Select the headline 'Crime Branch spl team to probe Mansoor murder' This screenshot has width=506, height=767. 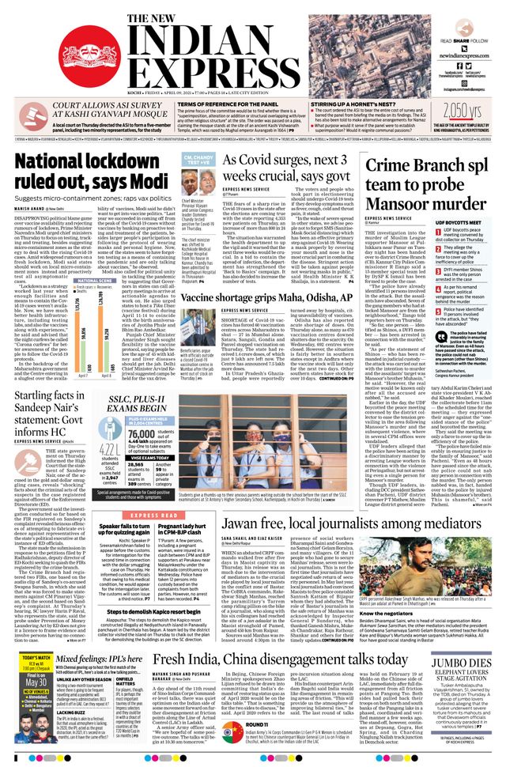click(427, 179)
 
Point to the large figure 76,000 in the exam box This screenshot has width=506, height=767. click(142, 433)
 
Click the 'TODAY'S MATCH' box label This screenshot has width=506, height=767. click(36, 659)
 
